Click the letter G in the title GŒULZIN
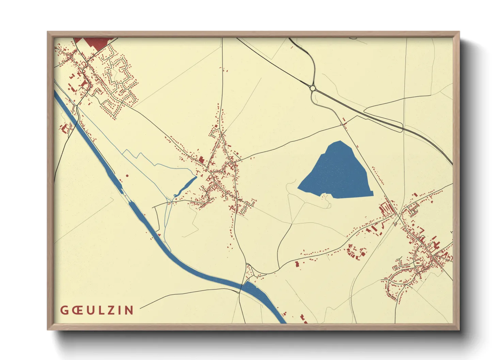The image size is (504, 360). pos(64,310)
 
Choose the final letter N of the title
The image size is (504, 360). pos(128,310)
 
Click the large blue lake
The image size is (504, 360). pos(337,174)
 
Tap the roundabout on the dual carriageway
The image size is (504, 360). pos(313,88)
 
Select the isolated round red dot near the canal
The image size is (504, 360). pos(127,176)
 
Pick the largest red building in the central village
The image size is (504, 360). pos(202,159)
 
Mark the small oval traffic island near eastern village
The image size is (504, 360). pos(395,224)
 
